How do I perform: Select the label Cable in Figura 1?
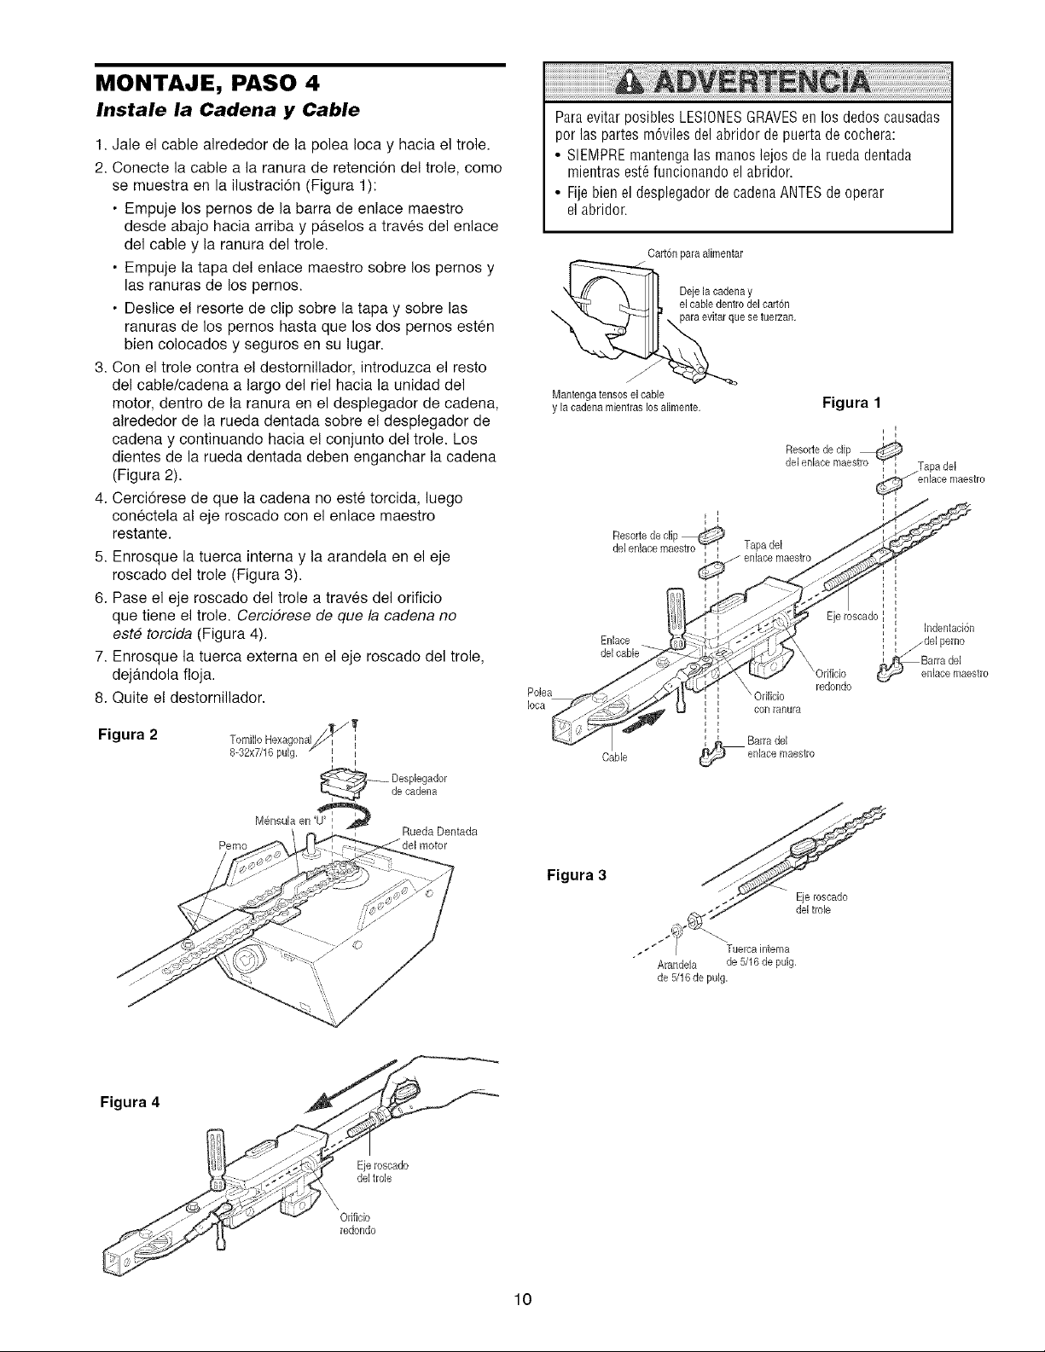tap(617, 757)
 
